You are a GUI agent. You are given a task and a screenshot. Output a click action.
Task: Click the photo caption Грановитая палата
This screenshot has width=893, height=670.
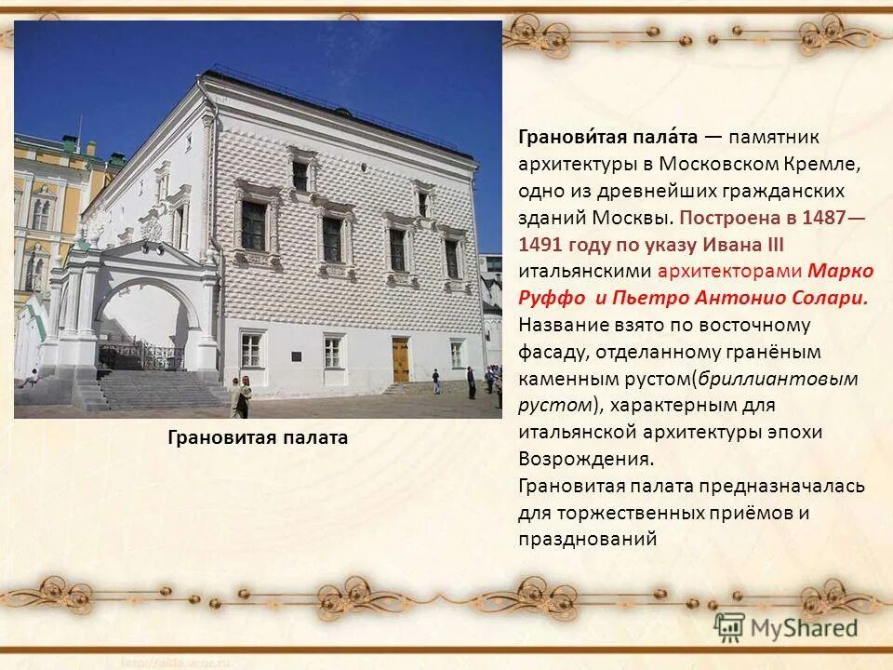(258, 437)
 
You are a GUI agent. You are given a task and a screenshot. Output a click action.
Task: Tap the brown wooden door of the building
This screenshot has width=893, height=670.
(401, 359)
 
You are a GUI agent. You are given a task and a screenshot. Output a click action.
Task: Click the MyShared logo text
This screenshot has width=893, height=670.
(802, 627)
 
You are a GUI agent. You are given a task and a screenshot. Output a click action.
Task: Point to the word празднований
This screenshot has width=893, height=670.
(588, 539)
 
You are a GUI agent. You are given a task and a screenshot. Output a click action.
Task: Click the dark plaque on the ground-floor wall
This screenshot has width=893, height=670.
(295, 356)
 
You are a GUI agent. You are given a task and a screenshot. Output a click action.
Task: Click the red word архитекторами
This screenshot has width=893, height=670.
(729, 271)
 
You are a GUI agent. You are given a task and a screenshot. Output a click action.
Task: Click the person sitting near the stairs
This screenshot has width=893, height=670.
(33, 378)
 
